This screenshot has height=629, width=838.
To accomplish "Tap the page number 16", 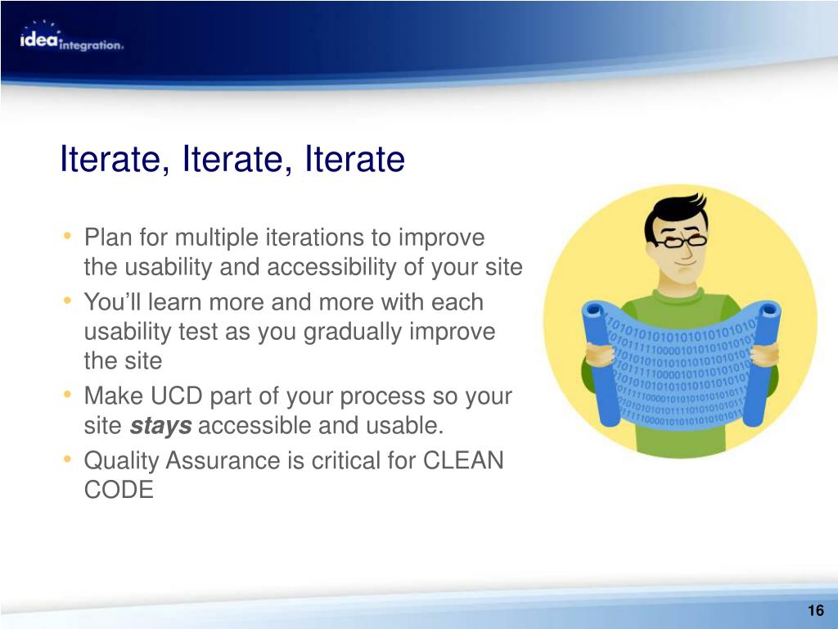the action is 816,610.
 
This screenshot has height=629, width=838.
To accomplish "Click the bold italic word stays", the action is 160,426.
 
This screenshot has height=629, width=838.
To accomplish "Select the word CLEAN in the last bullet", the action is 463,460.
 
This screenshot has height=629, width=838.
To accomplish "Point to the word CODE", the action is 119,490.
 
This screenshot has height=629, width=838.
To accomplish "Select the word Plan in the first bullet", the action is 108,238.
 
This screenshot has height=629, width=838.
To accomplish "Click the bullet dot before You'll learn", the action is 67,301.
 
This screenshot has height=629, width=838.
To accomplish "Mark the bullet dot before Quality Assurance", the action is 67,459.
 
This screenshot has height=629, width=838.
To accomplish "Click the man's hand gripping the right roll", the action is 765,355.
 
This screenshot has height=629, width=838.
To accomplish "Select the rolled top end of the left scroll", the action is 593,310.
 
